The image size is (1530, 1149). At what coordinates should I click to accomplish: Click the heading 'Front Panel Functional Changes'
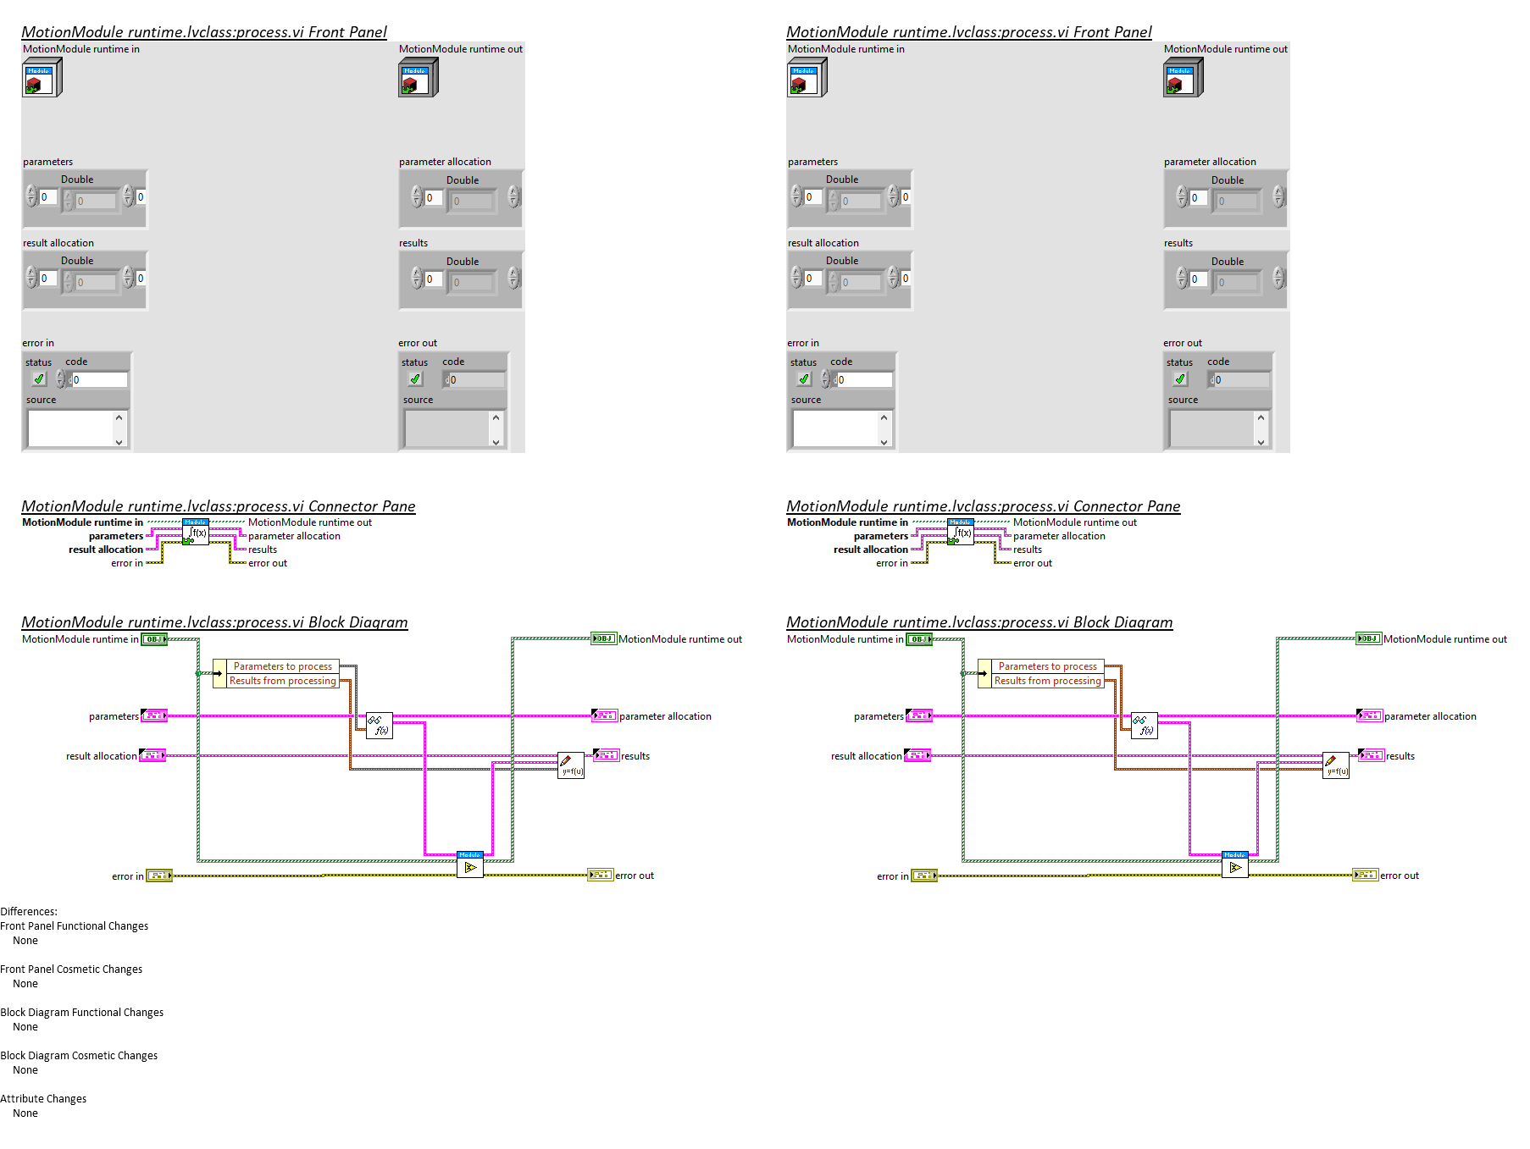[75, 926]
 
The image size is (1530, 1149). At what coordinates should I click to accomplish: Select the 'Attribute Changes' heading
[43, 1099]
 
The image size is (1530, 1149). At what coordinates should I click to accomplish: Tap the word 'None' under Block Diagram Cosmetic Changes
[25, 1070]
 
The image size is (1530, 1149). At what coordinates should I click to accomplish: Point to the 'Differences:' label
[29, 912]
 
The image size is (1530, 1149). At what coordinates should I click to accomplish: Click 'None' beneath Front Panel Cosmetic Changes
[25, 984]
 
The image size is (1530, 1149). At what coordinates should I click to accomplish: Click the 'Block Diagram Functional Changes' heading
[82, 1013]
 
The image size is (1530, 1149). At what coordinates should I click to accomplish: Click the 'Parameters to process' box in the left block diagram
[283, 666]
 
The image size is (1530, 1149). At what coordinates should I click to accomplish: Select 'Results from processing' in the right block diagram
[1047, 681]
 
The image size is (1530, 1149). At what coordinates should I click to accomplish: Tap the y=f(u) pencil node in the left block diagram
[571, 765]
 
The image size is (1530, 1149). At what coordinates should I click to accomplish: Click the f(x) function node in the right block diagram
[1145, 726]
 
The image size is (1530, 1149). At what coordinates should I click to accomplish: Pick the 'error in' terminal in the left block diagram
[159, 876]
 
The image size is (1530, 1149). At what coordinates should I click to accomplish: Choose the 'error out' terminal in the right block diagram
[1366, 876]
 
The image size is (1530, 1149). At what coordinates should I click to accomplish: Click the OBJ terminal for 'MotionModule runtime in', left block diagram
[154, 639]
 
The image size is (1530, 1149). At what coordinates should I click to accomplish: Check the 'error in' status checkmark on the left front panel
[38, 379]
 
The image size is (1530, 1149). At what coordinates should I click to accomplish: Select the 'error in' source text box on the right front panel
[835, 429]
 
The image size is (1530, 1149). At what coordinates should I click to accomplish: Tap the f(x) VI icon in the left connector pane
[196, 533]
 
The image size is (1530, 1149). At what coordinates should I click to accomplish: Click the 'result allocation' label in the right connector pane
[870, 550]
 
